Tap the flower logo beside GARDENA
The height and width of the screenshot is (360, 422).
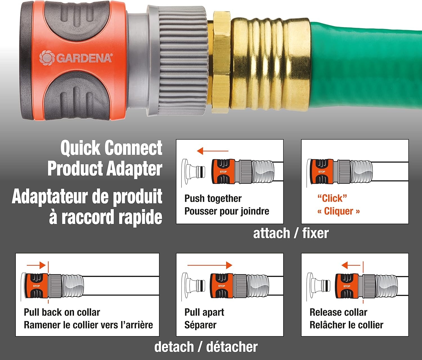click(47, 58)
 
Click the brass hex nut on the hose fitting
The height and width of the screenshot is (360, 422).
click(221, 62)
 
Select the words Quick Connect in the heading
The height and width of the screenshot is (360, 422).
click(111, 148)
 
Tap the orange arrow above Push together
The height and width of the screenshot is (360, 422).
click(212, 151)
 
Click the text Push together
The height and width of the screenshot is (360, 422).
click(213, 198)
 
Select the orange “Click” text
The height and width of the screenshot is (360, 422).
click(332, 198)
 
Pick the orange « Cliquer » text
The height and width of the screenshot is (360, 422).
click(338, 211)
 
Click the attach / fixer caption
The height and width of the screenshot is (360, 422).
click(291, 233)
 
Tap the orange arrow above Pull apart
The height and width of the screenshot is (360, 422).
click(210, 265)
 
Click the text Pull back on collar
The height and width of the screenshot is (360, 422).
click(62, 312)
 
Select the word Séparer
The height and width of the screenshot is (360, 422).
click(200, 325)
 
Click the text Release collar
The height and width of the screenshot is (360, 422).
click(338, 312)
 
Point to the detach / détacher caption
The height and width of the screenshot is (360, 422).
click(206, 347)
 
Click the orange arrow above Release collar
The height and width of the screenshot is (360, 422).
click(351, 265)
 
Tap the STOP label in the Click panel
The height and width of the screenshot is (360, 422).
click(322, 172)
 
